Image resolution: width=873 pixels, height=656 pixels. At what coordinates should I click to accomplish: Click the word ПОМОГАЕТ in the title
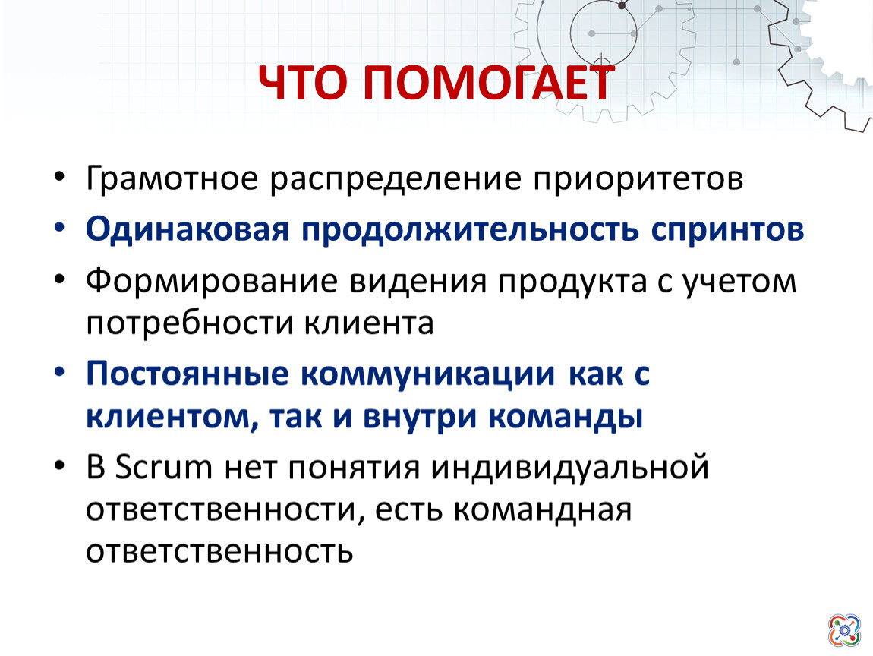(490, 83)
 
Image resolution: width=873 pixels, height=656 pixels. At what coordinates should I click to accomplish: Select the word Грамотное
(172, 179)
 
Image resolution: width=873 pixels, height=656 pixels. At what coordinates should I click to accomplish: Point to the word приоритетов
(638, 179)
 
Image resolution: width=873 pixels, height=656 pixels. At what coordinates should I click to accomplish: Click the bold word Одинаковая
(188, 229)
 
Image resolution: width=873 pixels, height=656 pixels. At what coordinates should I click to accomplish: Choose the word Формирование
(212, 281)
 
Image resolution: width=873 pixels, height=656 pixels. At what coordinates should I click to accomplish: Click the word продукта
(572, 281)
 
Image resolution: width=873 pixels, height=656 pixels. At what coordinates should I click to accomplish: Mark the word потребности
(190, 323)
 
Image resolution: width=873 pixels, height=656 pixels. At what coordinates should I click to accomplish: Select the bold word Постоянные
(188, 374)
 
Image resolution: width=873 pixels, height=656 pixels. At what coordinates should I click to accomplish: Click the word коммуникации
(428, 374)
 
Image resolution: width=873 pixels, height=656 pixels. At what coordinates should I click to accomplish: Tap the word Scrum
(164, 467)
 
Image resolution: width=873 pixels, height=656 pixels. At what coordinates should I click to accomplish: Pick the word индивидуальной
(570, 467)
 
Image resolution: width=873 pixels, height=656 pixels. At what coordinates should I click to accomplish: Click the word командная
(543, 510)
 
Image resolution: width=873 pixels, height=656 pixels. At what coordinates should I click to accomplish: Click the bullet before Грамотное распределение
(59, 178)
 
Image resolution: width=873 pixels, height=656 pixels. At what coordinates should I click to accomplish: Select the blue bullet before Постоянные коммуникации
(59, 372)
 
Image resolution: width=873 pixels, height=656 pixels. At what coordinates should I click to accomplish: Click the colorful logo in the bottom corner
(844, 630)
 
